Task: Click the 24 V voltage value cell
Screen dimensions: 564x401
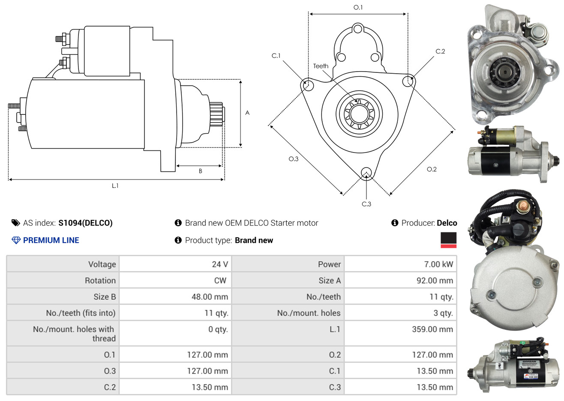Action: point(220,264)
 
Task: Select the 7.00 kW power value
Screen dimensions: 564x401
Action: point(438,264)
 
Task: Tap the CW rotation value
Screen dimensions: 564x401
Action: point(220,281)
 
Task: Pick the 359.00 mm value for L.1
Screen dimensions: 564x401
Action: point(432,329)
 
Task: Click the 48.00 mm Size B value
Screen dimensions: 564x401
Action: point(210,296)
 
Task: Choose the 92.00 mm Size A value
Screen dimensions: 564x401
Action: point(435,281)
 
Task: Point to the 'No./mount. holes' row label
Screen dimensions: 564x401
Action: point(309,313)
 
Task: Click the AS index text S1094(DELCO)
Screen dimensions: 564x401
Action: point(85,223)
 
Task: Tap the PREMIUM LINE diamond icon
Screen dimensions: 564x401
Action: point(16,240)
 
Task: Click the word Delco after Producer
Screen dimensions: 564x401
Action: point(447,223)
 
